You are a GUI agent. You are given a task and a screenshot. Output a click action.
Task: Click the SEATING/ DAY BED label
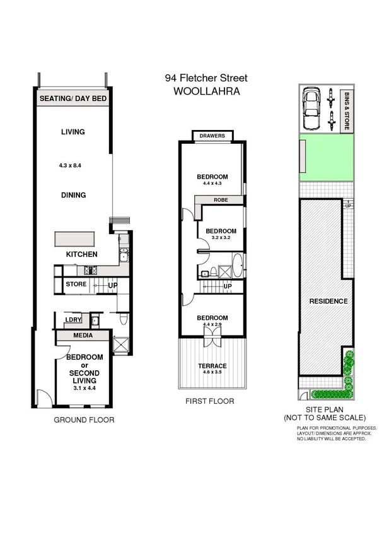coord(73,99)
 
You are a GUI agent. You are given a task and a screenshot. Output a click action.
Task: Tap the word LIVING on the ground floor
coord(73,132)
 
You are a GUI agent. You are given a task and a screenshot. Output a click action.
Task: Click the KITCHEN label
coord(82,254)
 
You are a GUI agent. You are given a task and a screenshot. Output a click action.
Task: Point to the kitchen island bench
coord(74,239)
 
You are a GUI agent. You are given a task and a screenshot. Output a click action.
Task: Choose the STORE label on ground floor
coord(76,285)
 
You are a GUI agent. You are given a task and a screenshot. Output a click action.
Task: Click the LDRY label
coord(74,320)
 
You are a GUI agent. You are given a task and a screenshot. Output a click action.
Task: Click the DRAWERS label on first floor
coord(212,136)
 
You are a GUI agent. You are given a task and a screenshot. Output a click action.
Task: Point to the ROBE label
coord(220,199)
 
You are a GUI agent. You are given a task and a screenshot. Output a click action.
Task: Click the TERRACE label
coord(211,366)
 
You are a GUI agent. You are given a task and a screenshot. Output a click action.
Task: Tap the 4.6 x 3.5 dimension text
coord(211,373)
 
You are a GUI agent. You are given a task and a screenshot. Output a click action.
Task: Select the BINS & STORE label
coord(347,110)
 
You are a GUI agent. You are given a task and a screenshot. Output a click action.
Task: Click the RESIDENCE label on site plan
coord(328,302)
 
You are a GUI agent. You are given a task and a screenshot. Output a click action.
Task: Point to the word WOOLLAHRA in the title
coord(206,91)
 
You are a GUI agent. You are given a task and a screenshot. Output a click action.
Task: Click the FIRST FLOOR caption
coord(209,401)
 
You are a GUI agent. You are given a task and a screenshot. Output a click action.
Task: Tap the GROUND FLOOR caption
coord(84,420)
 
